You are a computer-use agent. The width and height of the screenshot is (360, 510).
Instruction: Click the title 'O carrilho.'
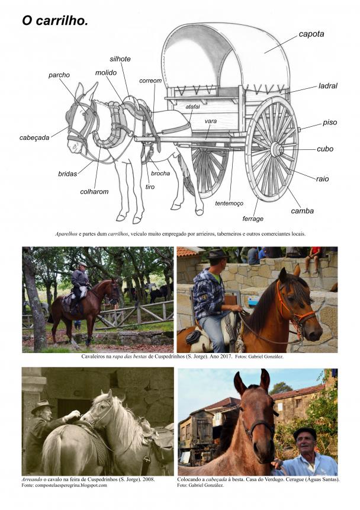(55, 21)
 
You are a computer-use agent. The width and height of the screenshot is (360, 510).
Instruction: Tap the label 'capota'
(311, 34)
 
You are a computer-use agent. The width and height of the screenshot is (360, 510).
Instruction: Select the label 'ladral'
(328, 86)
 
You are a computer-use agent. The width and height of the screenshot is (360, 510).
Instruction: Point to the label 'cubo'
(325, 149)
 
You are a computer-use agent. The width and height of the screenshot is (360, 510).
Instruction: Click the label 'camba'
(302, 211)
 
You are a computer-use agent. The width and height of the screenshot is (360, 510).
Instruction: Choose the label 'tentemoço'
(229, 204)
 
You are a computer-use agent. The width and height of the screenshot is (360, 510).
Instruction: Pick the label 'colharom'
(94, 191)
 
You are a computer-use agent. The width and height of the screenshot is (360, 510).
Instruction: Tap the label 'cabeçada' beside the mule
(34, 137)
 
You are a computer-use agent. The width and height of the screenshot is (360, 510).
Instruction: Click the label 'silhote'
(120, 59)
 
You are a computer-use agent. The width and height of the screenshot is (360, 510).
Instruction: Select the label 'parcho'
(59, 75)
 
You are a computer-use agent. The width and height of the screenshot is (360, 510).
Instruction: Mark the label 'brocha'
(160, 174)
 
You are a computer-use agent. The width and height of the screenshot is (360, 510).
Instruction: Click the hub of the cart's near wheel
(277, 149)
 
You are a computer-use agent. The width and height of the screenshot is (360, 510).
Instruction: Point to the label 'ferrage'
(253, 219)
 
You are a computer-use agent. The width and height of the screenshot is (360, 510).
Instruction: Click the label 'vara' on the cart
(211, 121)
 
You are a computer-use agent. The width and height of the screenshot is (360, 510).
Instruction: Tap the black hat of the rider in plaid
(217, 254)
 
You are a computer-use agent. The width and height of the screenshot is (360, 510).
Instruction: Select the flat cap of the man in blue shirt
(305, 432)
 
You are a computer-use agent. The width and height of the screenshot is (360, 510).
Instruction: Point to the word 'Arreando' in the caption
(32, 479)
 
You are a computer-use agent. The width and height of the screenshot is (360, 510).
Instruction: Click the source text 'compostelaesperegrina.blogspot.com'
(69, 485)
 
